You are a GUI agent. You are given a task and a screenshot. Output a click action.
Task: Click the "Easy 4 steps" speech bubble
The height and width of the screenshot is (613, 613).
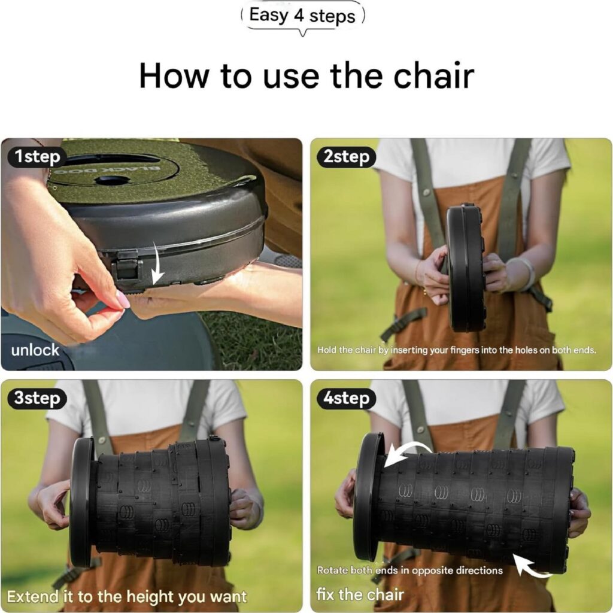(302, 16)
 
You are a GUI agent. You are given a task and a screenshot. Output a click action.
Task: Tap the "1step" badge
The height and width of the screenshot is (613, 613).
(37, 157)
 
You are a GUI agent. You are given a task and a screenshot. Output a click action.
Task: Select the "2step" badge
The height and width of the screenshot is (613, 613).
(346, 157)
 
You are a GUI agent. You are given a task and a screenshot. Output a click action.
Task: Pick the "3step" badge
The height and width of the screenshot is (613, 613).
(37, 398)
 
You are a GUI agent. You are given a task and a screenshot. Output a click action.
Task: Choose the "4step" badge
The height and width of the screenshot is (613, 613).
(346, 398)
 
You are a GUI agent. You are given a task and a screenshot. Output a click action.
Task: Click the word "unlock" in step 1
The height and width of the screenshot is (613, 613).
(35, 350)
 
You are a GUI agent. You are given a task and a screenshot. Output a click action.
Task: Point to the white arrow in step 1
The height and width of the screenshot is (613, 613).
(158, 263)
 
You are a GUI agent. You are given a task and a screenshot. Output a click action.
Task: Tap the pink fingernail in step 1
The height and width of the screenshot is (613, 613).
(123, 301)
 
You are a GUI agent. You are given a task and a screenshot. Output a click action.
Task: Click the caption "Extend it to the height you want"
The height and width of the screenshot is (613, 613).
(127, 597)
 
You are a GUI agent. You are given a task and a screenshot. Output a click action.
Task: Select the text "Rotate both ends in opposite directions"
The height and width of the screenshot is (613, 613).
(409, 570)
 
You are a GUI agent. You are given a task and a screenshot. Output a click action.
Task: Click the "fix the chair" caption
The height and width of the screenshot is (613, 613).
(360, 594)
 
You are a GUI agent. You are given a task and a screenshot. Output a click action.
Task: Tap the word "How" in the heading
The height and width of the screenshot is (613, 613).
(174, 75)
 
